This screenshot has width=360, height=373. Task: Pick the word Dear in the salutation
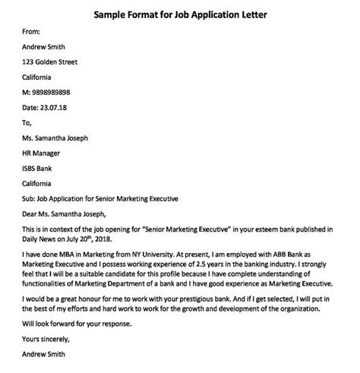(x=31, y=214)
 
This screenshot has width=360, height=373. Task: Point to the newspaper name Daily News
(x=43, y=240)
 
